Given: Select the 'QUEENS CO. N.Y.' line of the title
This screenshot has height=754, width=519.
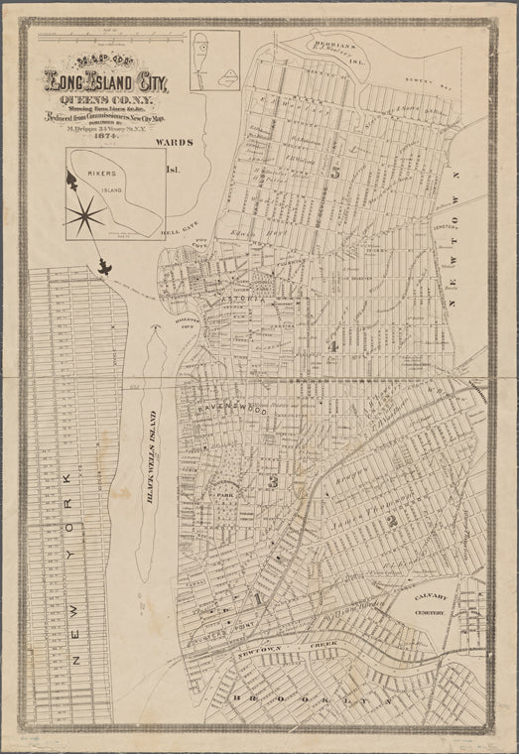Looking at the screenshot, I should (x=108, y=100).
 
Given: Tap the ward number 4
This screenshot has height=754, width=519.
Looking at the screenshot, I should (x=334, y=346).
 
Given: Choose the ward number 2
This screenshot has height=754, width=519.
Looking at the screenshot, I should (x=392, y=521).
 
